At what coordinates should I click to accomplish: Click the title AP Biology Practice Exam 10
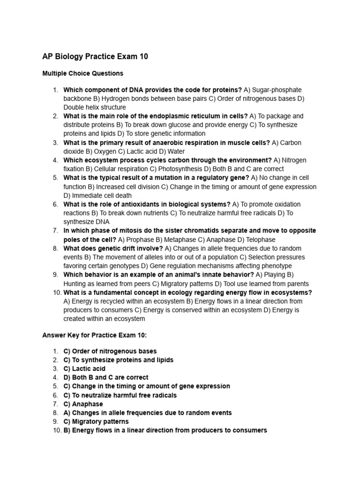pyautogui.click(x=95, y=57)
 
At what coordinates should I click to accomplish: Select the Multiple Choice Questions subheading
pyautogui.click(x=82, y=73)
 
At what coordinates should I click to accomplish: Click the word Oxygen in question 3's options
pyautogui.click(x=104, y=151)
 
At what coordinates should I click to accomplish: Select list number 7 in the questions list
pyautogui.click(x=55, y=231)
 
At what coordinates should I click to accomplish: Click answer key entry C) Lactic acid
pyautogui.click(x=84, y=369)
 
